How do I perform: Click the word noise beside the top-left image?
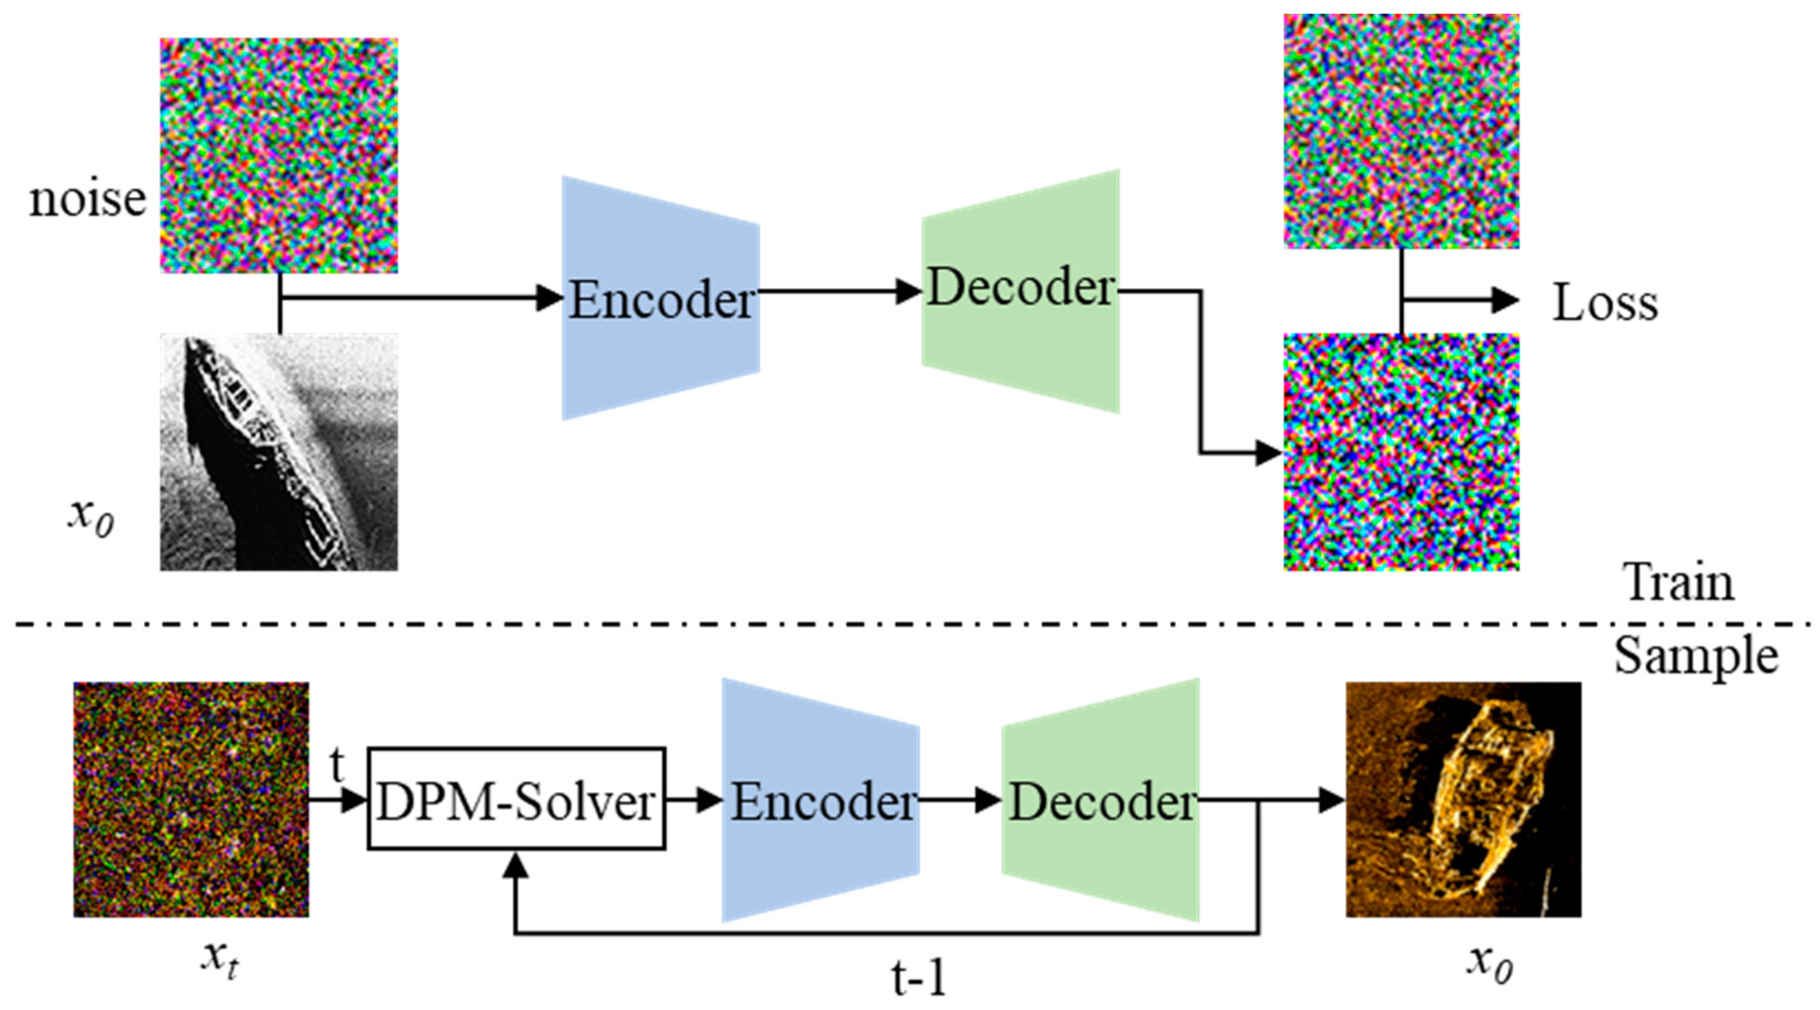[x=88, y=200]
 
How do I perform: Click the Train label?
[x=1680, y=583]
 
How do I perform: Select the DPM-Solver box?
[x=516, y=799]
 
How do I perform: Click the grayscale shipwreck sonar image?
[x=279, y=452]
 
